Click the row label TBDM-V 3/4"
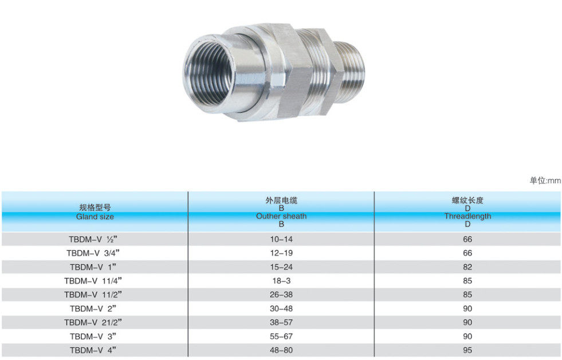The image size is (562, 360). [93, 253]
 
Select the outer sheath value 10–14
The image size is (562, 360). [281, 239]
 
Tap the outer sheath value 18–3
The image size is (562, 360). [281, 281]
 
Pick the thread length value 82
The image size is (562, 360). [467, 267]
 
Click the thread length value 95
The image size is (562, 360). [467, 350]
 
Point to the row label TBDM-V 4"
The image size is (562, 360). [93, 350]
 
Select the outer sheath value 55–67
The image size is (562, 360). [281, 336]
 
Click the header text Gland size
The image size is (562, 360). [95, 217]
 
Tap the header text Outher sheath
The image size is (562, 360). [281, 216]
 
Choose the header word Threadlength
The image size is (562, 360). [467, 216]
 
